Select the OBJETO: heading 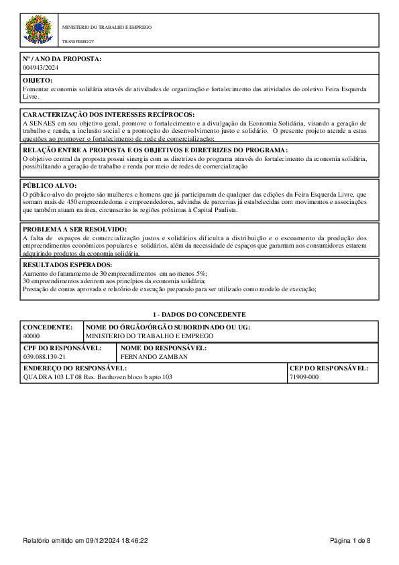pyautogui.click(x=38, y=80)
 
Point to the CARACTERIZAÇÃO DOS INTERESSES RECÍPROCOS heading pyautogui.click(x=108, y=115)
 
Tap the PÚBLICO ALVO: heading pyautogui.click(x=50, y=185)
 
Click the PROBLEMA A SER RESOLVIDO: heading pyautogui.click(x=74, y=229)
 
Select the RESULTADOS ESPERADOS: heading pyautogui.click(x=68, y=265)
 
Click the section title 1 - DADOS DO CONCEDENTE pyautogui.click(x=200, y=315)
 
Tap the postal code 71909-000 pyautogui.click(x=304, y=377)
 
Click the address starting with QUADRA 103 pyautogui.click(x=98, y=377)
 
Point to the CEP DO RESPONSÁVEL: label pyautogui.click(x=329, y=368)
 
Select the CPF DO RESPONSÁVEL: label pyautogui.click(x=62, y=348)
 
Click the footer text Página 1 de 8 pyautogui.click(x=350, y=540)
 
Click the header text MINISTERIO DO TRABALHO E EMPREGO pyautogui.click(x=107, y=28)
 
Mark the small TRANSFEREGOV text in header pyautogui.click(x=78, y=42)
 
